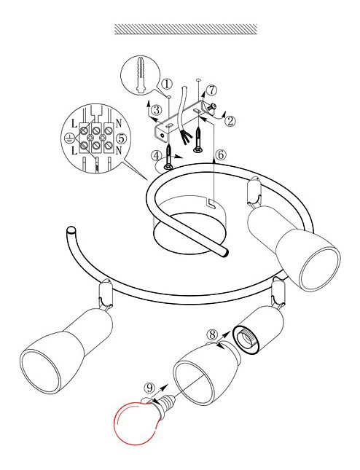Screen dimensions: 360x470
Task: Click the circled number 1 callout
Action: click(x=167, y=85)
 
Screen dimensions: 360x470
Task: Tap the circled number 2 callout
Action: click(x=230, y=121)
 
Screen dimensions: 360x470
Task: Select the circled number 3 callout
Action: click(x=157, y=110)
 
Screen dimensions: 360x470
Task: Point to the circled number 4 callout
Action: click(x=157, y=156)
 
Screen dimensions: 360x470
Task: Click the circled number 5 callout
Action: click(x=122, y=138)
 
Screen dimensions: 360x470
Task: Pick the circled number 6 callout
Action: click(x=221, y=155)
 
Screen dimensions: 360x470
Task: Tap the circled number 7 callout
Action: click(x=212, y=90)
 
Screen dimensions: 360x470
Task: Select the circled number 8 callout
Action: click(x=212, y=334)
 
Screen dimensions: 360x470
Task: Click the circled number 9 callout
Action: click(x=149, y=388)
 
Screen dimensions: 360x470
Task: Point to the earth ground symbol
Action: click(x=69, y=138)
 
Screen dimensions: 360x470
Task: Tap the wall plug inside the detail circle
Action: click(x=141, y=74)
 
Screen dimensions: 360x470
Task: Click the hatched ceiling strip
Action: click(x=186, y=29)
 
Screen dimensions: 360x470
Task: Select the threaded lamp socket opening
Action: click(x=247, y=340)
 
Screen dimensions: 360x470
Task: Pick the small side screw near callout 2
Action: click(x=213, y=107)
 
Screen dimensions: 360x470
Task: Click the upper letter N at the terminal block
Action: click(x=119, y=123)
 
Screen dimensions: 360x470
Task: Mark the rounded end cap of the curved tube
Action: click(x=71, y=231)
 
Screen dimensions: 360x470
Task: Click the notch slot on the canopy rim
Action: click(x=211, y=203)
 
